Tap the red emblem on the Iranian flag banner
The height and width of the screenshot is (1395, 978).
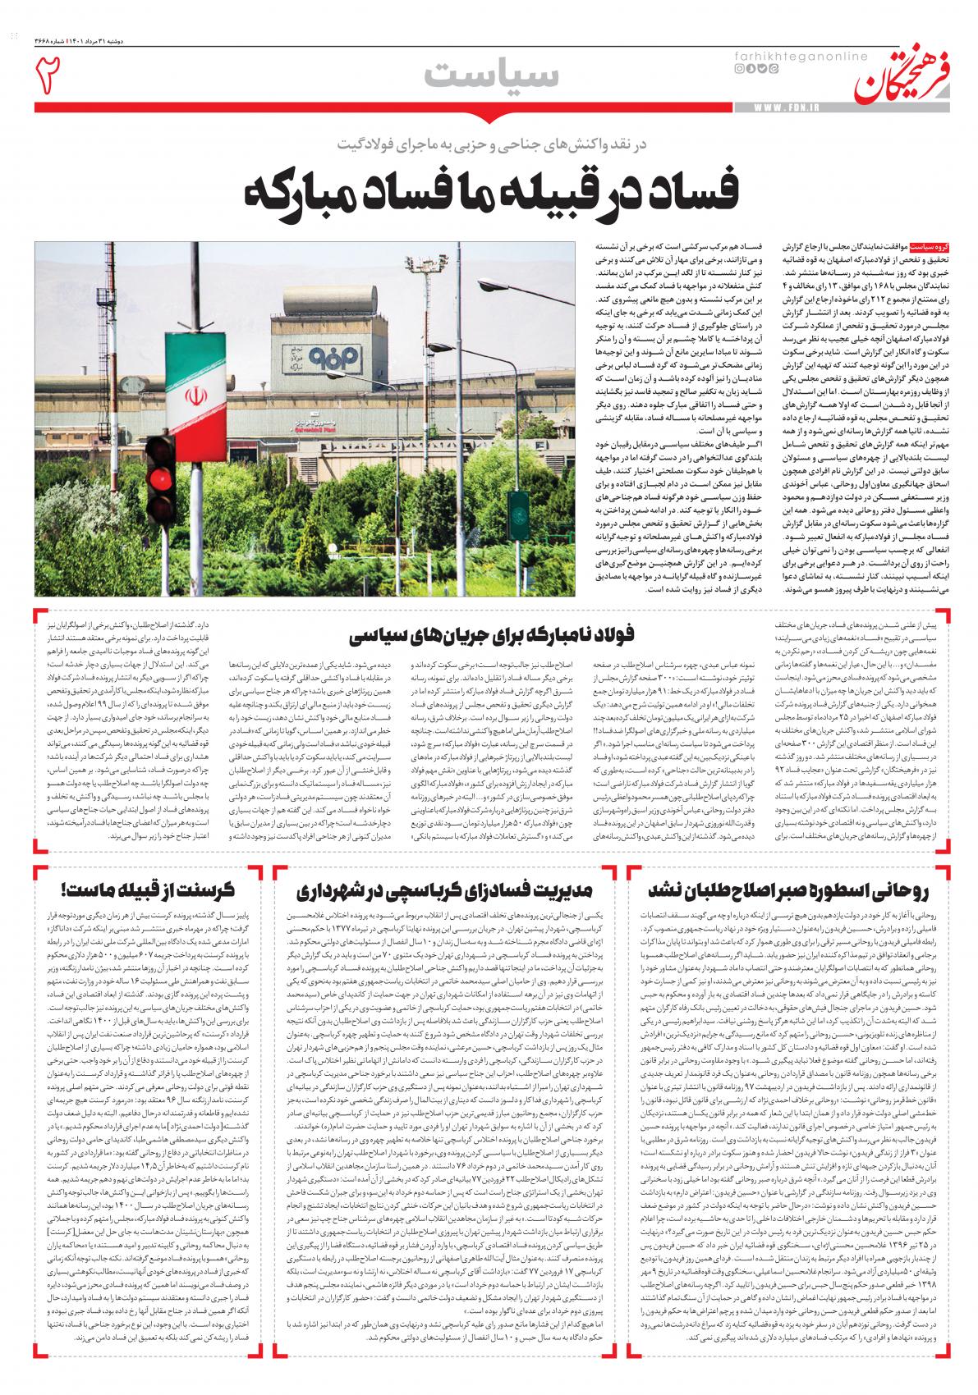pos(195,397)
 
